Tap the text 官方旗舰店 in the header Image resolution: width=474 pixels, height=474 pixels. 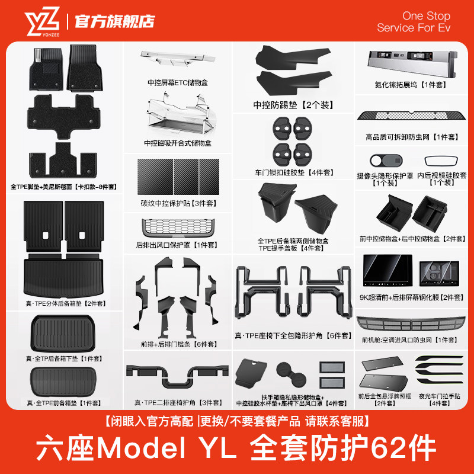click(x=114, y=21)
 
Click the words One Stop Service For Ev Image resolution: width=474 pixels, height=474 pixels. click(x=413, y=22)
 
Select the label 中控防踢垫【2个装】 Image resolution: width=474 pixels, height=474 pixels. click(x=291, y=106)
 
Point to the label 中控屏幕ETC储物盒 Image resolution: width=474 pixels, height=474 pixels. click(x=178, y=84)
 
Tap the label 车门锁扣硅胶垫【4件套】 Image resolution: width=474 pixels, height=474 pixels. click(x=294, y=172)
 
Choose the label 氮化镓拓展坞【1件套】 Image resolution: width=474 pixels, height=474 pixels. click(x=413, y=84)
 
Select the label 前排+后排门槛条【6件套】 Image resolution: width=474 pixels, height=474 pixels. click(x=176, y=344)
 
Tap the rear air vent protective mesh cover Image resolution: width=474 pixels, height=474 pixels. click(x=177, y=228)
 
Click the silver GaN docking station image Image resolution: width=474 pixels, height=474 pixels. click(x=412, y=62)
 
